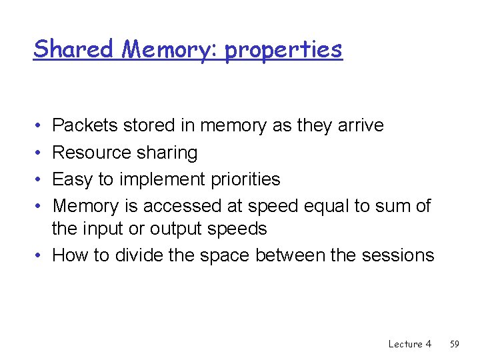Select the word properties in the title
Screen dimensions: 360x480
click(x=283, y=50)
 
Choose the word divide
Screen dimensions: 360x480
click(x=137, y=255)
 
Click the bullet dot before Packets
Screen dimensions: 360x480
click(x=38, y=126)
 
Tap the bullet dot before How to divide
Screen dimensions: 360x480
click(x=38, y=256)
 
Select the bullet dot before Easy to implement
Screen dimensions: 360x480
click(x=38, y=180)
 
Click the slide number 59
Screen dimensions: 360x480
click(x=455, y=344)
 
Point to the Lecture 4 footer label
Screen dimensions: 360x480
click(x=409, y=344)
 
